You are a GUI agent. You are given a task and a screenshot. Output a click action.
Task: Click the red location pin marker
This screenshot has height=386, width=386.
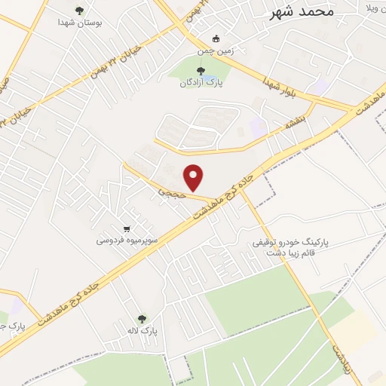pos(195,177)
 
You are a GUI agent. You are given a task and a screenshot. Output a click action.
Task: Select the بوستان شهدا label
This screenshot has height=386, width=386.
pos(80,23)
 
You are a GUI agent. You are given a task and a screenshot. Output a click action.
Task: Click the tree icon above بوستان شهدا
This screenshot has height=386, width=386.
pos(80,11)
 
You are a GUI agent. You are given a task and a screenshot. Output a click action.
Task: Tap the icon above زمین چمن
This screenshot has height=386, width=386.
pos(216,39)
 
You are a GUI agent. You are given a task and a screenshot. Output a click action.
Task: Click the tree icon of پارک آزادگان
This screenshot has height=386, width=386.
pos(200,71)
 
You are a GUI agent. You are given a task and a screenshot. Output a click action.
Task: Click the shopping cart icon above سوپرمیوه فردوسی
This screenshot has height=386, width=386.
pos(127,229)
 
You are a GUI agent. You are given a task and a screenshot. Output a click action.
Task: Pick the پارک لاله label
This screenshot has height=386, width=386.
pos(150,330)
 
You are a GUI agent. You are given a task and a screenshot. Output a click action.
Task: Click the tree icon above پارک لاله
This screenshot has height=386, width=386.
pos(140,319)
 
